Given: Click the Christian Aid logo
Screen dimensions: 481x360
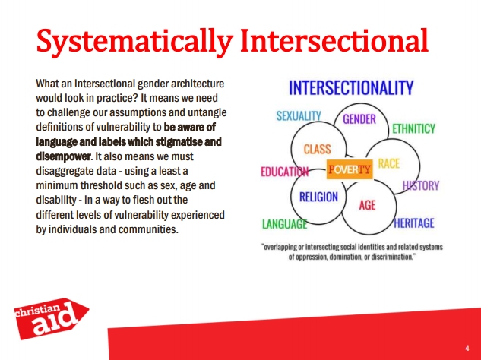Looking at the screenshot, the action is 51,318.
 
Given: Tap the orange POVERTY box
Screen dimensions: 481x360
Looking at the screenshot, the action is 350,169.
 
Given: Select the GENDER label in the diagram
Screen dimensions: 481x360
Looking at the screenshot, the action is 359,119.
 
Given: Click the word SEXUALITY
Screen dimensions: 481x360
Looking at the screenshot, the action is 299,116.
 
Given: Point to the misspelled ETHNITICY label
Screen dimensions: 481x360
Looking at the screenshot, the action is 414,128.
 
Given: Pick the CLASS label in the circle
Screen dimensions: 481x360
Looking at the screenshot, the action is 317,150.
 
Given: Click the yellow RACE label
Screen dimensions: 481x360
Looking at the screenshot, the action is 389,163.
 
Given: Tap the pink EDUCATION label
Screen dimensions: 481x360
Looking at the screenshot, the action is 285,172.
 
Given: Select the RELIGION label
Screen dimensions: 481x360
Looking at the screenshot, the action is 318,197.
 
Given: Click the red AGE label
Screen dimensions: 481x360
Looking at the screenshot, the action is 367,205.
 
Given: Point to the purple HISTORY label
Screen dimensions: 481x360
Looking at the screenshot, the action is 421,185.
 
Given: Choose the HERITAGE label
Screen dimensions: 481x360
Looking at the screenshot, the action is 414,223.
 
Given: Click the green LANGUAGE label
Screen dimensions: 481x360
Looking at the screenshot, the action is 285,224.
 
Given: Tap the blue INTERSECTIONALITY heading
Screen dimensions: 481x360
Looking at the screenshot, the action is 351,87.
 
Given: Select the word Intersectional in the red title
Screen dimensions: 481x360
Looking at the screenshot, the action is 334,40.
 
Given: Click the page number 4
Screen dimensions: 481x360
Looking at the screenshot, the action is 467,348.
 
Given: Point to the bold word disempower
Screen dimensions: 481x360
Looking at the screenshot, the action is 64,156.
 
